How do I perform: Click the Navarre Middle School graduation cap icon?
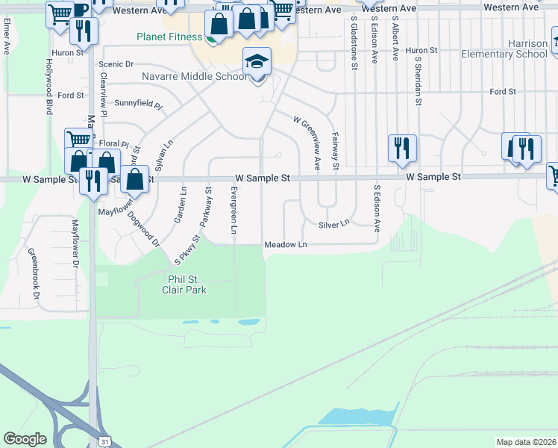click(257, 62)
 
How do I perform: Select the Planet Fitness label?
click(169, 37)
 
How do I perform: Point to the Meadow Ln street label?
click(286, 245)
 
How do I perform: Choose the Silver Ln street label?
click(333, 224)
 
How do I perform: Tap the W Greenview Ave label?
click(307, 143)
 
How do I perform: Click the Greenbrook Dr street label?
click(34, 274)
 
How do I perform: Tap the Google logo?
click(25, 439)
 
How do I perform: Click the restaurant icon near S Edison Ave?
click(402, 148)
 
